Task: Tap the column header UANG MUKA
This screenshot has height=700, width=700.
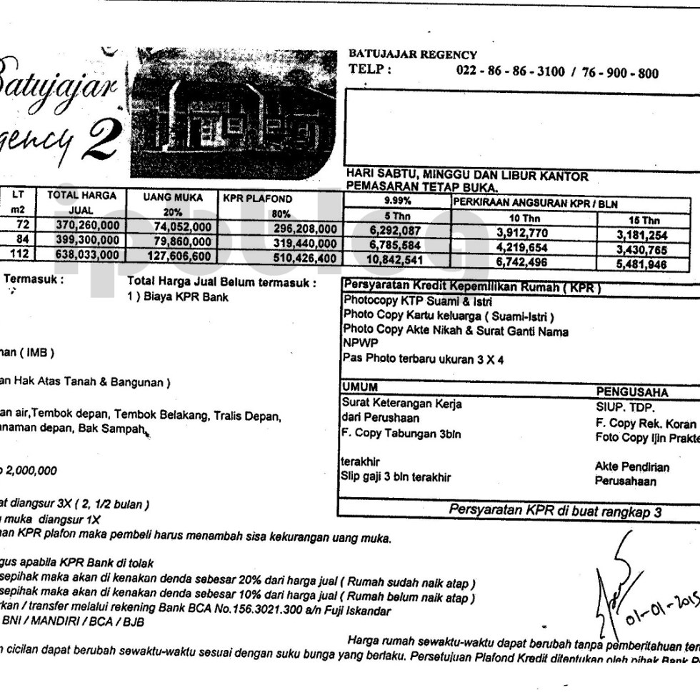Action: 173,196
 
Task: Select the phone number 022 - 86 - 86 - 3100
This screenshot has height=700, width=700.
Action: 509,71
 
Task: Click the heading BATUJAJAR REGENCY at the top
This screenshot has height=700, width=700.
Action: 412,54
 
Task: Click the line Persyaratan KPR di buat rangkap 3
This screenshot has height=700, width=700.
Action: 555,510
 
